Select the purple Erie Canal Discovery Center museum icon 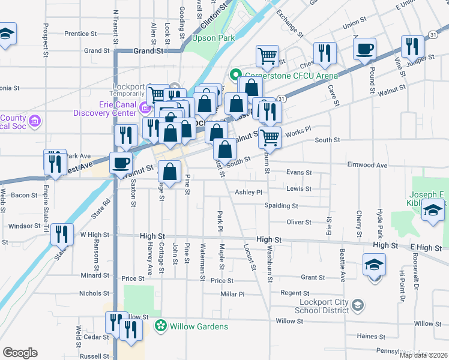[x=144, y=109]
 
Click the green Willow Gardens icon [x=160, y=326]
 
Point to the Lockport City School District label [x=322, y=306]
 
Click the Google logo [x=20, y=353]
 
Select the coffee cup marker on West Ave [x=121, y=162]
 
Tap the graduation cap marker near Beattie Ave [x=374, y=265]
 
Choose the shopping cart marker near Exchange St [x=267, y=56]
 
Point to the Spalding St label [x=281, y=206]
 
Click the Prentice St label [x=76, y=34]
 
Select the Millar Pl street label [x=233, y=295]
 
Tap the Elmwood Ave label [x=367, y=165]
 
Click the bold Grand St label [x=149, y=52]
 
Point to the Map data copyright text [x=423, y=355]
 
